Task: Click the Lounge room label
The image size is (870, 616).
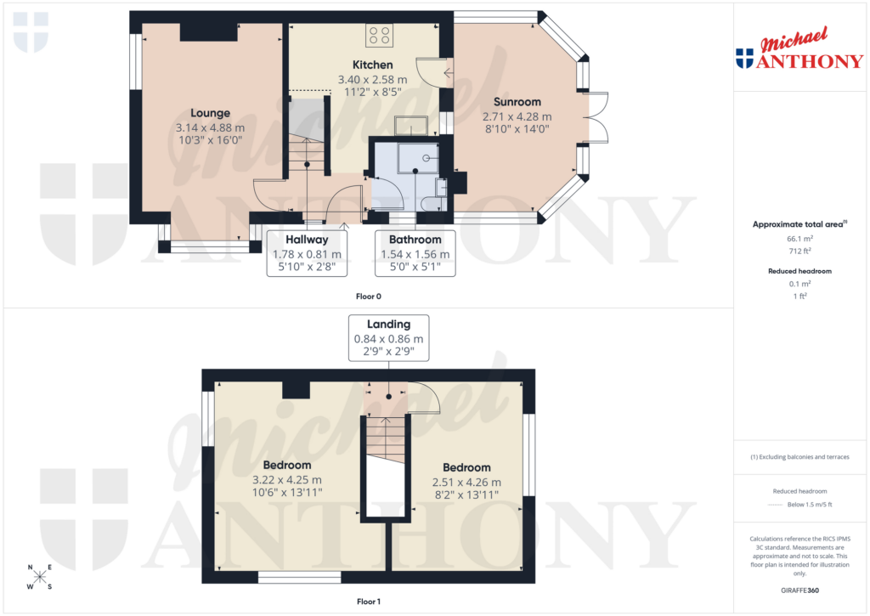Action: coord(210,113)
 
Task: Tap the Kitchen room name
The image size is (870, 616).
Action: coord(372,65)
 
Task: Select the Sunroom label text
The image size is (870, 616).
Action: coord(517,102)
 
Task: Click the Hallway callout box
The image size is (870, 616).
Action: coord(307,253)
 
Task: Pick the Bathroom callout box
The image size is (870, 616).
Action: coord(415,253)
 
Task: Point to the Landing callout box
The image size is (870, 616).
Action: coord(388,338)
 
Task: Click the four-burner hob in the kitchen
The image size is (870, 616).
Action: coord(379,36)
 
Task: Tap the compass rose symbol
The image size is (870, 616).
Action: coord(40,577)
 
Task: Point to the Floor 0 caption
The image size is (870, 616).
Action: coord(369,297)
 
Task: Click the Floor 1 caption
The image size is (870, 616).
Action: coord(369,602)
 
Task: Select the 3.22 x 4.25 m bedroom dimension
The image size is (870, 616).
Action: coord(286,480)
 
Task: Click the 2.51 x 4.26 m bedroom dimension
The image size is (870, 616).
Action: coord(466,482)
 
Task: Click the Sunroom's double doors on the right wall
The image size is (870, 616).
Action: coord(596,116)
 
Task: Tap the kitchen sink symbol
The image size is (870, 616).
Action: coord(413,127)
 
